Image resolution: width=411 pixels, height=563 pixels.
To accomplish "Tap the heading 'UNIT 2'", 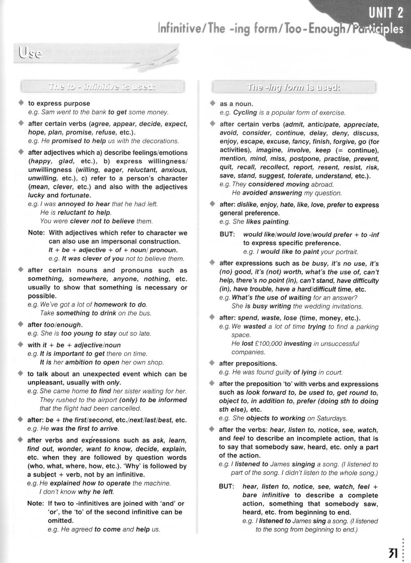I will pyautogui.click(x=386, y=14).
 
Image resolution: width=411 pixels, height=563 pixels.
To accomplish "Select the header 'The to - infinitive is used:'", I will pyautogui.click(x=102, y=87).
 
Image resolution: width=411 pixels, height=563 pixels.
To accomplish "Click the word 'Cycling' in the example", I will pyautogui.click(x=245, y=112).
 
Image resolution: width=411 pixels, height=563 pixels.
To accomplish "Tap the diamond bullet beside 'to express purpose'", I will pyautogui.click(x=21, y=103).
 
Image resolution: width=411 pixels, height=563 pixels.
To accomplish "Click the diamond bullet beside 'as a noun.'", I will pyautogui.click(x=212, y=103).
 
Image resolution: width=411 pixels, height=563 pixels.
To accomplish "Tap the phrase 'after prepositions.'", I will pyautogui.click(x=248, y=364).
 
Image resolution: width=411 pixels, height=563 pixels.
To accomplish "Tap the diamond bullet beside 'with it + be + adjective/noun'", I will pyautogui.click(x=21, y=345).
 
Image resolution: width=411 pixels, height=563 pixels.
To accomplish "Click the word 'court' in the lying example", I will pyautogui.click(x=334, y=373).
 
